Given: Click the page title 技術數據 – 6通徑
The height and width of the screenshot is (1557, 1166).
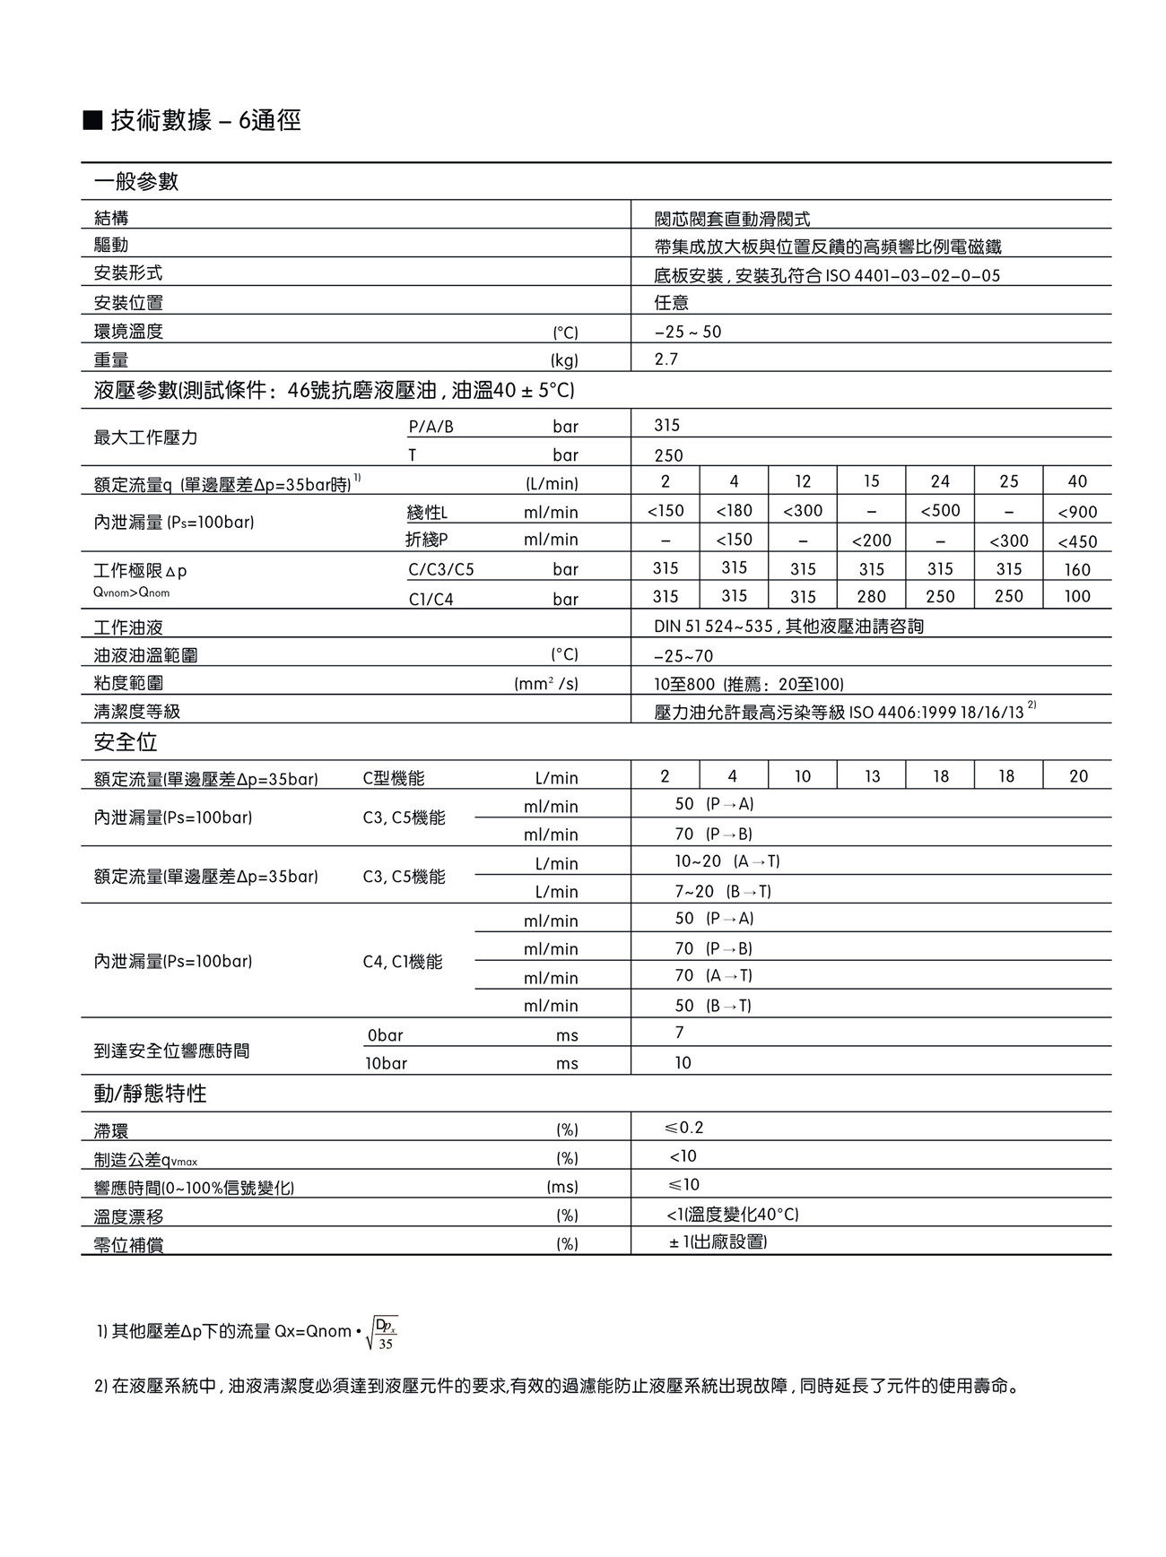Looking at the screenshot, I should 204,120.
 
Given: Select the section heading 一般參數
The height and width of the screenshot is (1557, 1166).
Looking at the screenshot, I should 136,182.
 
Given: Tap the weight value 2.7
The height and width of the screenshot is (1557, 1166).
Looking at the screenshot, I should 666,359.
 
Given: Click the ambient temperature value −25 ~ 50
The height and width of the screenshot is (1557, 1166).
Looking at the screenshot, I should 688,332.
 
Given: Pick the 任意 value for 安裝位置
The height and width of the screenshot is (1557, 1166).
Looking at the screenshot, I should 672,303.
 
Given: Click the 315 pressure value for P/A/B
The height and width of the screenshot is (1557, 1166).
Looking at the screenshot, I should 667,426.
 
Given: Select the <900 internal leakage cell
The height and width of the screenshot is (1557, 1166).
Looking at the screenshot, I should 1077,512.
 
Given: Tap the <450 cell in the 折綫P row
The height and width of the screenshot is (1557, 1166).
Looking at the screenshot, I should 1077,541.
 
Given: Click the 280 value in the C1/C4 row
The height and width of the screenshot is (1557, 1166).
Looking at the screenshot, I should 872,597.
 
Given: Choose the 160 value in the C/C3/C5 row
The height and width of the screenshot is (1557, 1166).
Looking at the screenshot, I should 1077,569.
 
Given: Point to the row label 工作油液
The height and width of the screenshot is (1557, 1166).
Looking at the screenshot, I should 128,627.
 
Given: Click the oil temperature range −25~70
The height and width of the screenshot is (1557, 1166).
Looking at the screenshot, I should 683,656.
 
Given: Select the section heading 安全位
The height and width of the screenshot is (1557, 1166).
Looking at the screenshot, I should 126,742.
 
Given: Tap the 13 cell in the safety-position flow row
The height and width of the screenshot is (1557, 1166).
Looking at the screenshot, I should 872,776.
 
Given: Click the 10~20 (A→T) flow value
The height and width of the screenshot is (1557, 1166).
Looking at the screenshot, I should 727,861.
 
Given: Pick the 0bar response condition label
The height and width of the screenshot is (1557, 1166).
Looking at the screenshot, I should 385,1035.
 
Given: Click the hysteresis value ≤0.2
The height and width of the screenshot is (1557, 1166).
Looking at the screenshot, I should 684,1128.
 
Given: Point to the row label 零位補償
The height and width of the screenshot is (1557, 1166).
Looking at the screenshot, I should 128,1245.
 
